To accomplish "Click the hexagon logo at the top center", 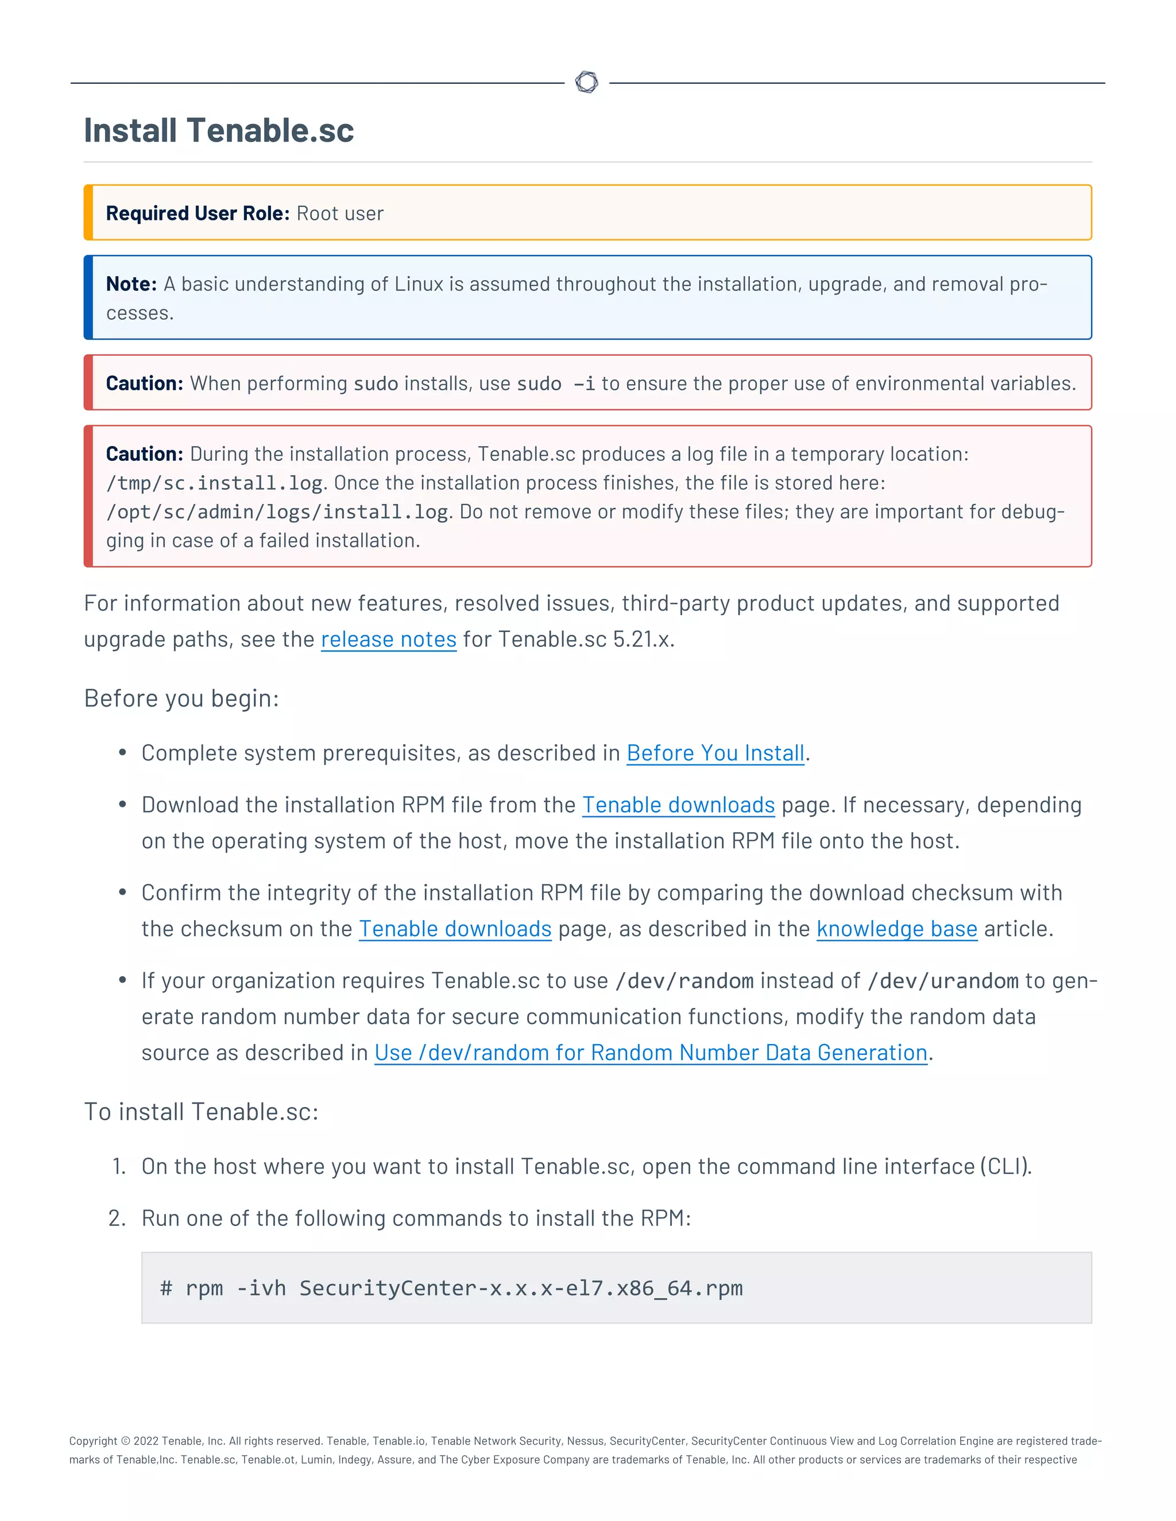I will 587,82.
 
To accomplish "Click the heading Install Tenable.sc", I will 219,131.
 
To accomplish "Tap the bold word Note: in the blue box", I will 131,284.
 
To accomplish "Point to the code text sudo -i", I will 555,384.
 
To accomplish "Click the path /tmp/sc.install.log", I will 214,483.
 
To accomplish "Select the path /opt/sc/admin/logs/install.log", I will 277,513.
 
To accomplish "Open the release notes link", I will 388,639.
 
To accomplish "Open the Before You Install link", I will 715,753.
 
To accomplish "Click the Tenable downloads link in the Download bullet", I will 678,805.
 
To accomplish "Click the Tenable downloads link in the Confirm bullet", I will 455,929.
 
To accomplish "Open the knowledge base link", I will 896,929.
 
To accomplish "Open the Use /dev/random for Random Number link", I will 650,1053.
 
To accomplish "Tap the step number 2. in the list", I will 117,1218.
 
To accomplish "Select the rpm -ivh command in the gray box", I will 451,1289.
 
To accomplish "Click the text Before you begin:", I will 181,699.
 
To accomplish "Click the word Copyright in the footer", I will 92,1441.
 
